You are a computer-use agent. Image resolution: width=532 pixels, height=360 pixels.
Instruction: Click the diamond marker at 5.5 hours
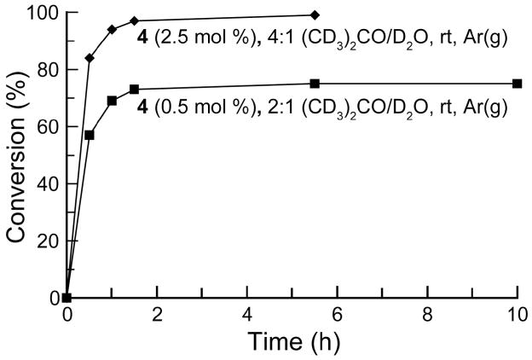click(315, 15)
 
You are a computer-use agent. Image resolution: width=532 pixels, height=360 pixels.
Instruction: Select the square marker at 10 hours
click(517, 84)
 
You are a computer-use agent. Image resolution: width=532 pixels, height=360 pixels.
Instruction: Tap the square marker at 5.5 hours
click(315, 84)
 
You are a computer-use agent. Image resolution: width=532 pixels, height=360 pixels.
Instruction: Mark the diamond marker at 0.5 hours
click(90, 58)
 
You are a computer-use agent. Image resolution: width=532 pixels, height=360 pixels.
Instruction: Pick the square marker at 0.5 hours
click(90, 135)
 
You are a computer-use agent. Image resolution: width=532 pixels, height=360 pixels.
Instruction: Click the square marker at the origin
click(67, 298)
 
